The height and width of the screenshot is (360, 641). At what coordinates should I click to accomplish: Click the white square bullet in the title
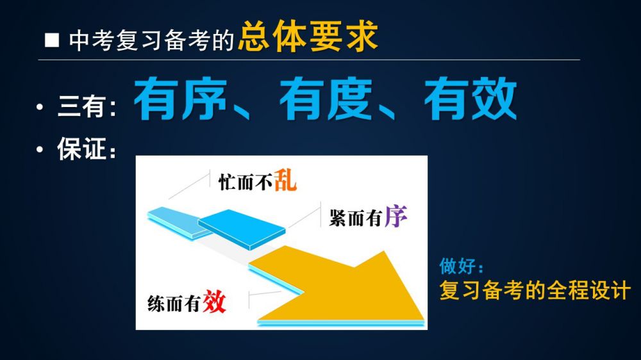pyautogui.click(x=52, y=40)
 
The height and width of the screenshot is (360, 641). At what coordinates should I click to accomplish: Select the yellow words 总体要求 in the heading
pyautogui.click(x=308, y=37)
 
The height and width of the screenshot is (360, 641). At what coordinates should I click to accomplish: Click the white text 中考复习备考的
pyautogui.click(x=151, y=41)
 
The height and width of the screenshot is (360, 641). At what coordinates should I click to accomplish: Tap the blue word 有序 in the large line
pyautogui.click(x=180, y=99)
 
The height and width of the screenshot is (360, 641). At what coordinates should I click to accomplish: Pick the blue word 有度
pyautogui.click(x=326, y=99)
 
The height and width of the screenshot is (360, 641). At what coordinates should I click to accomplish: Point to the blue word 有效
pyautogui.click(x=470, y=99)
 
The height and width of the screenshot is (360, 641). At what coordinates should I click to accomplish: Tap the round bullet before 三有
pyautogui.click(x=40, y=107)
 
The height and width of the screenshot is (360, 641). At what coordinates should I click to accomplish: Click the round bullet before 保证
pyautogui.click(x=40, y=149)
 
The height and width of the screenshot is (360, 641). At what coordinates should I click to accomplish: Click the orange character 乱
pyautogui.click(x=285, y=180)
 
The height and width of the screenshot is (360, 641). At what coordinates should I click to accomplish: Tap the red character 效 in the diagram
pyautogui.click(x=214, y=301)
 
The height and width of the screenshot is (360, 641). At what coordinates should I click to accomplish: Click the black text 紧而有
pyautogui.click(x=356, y=218)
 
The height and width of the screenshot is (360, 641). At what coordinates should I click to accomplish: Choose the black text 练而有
pyautogui.click(x=174, y=304)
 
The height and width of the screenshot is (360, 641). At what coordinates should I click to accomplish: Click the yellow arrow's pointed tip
pyautogui.click(x=424, y=318)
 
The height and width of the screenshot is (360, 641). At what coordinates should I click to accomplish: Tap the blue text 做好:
pyautogui.click(x=462, y=266)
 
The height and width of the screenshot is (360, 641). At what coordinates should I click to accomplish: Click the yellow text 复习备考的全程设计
pyautogui.click(x=535, y=290)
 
